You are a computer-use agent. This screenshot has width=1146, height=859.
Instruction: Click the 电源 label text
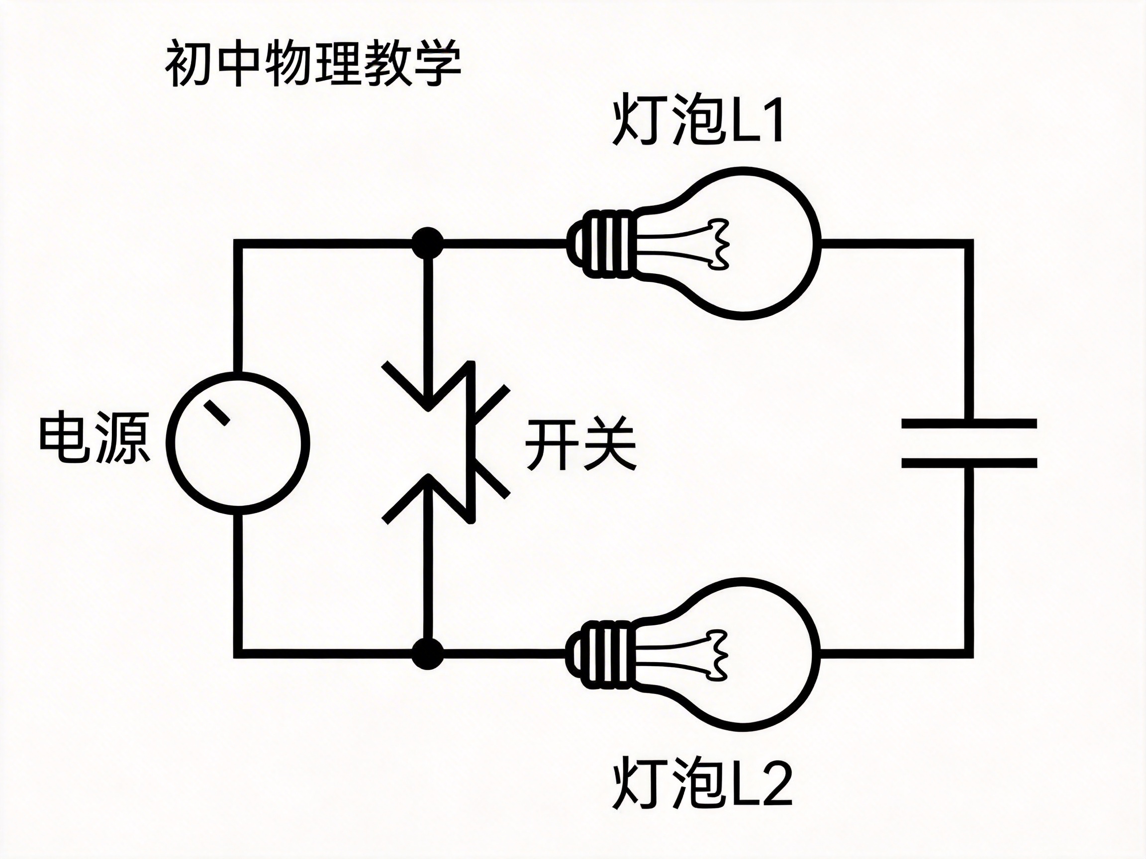click(95, 437)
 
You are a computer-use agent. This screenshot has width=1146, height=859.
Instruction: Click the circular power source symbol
click(239, 443)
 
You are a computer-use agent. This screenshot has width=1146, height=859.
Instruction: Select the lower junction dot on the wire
click(428, 653)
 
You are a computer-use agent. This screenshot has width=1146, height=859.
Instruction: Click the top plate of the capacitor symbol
click(969, 424)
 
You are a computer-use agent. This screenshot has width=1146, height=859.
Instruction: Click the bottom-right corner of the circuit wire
click(968, 653)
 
